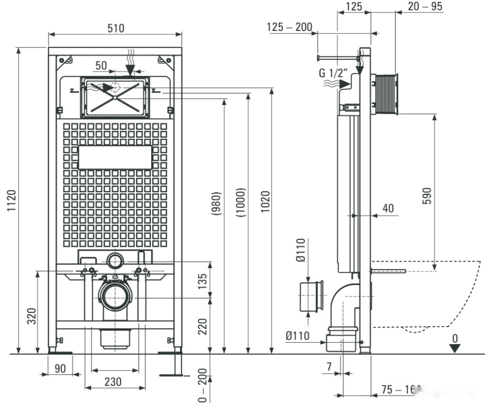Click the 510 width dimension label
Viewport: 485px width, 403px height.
pos(115,28)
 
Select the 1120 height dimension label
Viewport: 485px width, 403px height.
pos(11,201)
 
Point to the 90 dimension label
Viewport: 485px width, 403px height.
pos(60,369)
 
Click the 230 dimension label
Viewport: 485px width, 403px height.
pos(113,382)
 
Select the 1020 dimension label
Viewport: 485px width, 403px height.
pos(265,202)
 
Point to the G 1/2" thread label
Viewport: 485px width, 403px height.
pos(333,73)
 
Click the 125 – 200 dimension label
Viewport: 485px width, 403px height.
pos(289,27)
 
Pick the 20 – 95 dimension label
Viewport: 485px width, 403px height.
pos(425,6)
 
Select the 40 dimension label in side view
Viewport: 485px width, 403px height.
pos(388,207)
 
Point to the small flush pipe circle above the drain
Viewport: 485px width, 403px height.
pos(115,261)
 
